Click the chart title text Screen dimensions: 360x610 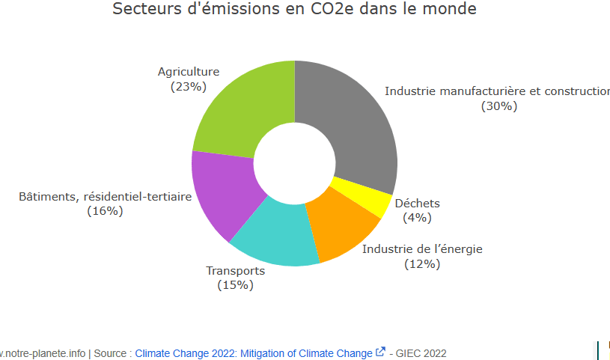(x=294, y=10)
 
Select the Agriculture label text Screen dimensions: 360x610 (x=188, y=72)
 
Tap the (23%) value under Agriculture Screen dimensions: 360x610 (x=188, y=87)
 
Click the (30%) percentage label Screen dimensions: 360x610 (x=499, y=106)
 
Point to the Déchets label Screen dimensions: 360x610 (x=417, y=204)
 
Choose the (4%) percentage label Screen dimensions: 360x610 (x=417, y=218)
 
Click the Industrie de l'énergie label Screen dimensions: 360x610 (x=422, y=249)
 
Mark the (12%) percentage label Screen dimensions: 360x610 (x=422, y=264)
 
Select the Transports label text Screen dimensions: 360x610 (x=235, y=271)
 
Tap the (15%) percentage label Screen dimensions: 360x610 (x=235, y=285)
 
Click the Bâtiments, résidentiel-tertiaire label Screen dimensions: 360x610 (x=105, y=197)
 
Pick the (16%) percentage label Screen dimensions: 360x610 (x=105, y=211)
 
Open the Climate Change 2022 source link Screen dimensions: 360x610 (x=253, y=353)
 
